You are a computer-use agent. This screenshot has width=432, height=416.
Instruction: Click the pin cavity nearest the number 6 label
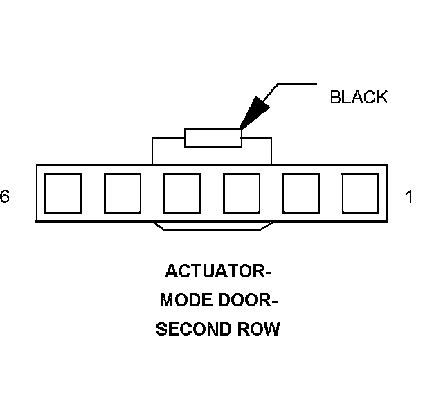(x=62, y=193)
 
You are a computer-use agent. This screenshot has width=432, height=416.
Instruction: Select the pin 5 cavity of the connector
(x=122, y=193)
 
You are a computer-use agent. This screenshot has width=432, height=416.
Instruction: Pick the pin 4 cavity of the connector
(x=181, y=193)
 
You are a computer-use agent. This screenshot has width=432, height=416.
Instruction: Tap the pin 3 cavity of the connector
(x=242, y=193)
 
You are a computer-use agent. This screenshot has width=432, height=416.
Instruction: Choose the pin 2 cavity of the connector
(x=301, y=193)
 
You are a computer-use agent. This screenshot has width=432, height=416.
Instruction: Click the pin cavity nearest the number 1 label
(x=360, y=193)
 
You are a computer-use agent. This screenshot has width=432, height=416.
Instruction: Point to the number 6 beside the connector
(x=5, y=198)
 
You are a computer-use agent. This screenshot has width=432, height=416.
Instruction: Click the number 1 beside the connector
(x=409, y=198)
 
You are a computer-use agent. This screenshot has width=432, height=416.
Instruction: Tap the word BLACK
(x=359, y=97)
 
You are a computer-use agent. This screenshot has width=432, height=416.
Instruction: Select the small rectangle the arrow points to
(x=213, y=137)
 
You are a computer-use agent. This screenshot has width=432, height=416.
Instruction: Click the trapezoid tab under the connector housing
(x=213, y=226)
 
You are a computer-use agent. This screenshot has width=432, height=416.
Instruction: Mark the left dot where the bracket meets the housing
(x=152, y=164)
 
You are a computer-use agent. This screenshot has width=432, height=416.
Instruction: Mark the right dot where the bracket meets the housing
(x=271, y=164)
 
